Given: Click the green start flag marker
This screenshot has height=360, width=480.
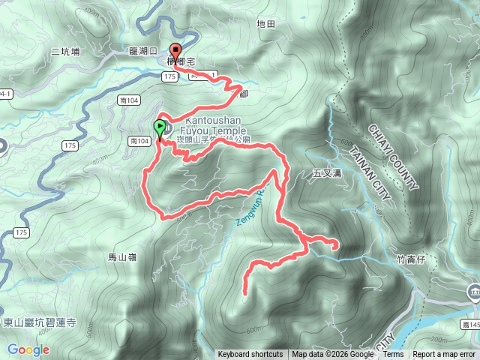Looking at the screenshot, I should pyautogui.click(x=160, y=128).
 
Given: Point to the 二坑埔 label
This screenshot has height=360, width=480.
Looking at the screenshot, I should pyautogui.click(x=66, y=51).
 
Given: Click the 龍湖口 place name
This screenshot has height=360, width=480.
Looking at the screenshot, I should pyautogui.click(x=142, y=51).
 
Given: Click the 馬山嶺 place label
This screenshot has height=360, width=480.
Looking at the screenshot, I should pyautogui.click(x=122, y=257).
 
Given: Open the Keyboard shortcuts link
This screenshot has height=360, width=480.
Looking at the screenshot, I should pyautogui.click(x=250, y=355).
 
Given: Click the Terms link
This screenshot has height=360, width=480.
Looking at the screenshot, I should pyautogui.click(x=393, y=355).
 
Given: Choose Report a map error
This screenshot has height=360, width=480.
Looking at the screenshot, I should pyautogui.click(x=445, y=355).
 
